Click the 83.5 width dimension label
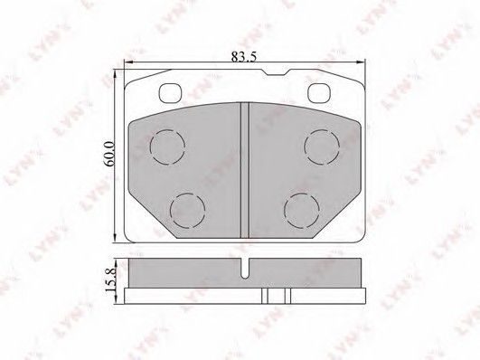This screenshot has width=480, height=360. point(243,57)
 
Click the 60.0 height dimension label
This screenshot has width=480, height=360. point(109,154)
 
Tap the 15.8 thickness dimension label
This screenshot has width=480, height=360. point(110,280)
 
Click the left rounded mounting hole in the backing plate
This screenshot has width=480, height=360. point(170,93)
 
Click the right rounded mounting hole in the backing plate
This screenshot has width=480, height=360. point(319,93)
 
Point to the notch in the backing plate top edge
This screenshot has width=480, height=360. point(277,73)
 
